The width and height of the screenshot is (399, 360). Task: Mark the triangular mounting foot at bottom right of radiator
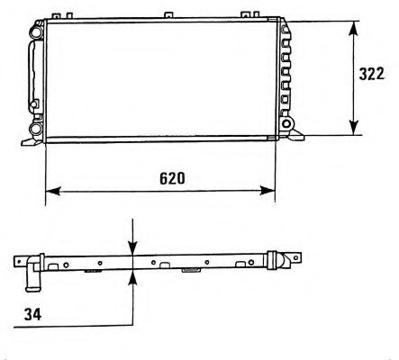297,136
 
